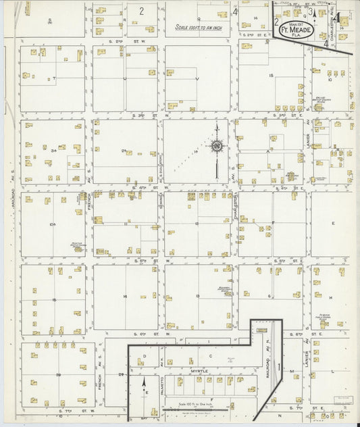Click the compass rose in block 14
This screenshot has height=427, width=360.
pos(217,145)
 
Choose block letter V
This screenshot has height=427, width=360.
pos(197,79)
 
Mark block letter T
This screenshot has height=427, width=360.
pos(54,79)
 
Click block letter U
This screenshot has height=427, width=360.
pos(124,79)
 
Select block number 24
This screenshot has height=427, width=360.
pos(124,151)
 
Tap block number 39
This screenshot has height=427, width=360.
pos(59,375)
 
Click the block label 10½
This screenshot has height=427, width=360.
pos(52,224)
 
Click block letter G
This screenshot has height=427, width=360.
pos(269,297)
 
